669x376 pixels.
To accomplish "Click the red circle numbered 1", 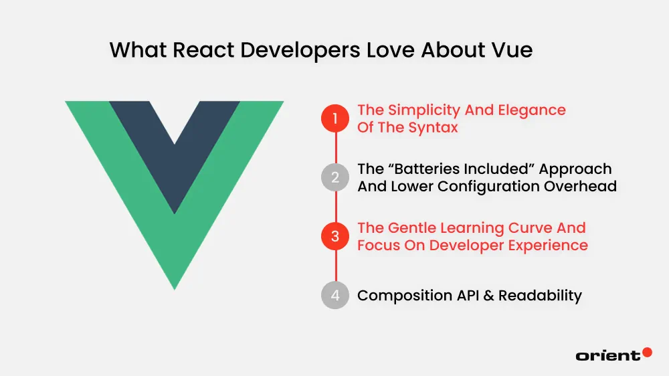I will [x=335, y=119].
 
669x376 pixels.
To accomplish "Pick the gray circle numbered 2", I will [x=335, y=178].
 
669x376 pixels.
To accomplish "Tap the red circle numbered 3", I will [x=335, y=236].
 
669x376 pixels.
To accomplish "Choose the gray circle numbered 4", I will [x=335, y=295].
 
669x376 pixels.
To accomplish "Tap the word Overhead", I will [x=582, y=186].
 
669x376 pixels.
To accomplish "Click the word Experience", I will [x=549, y=245].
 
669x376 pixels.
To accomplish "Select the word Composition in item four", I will [x=402, y=295].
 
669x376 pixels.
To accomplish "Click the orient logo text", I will [x=607, y=355].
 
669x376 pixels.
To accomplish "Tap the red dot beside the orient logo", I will [x=647, y=352].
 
